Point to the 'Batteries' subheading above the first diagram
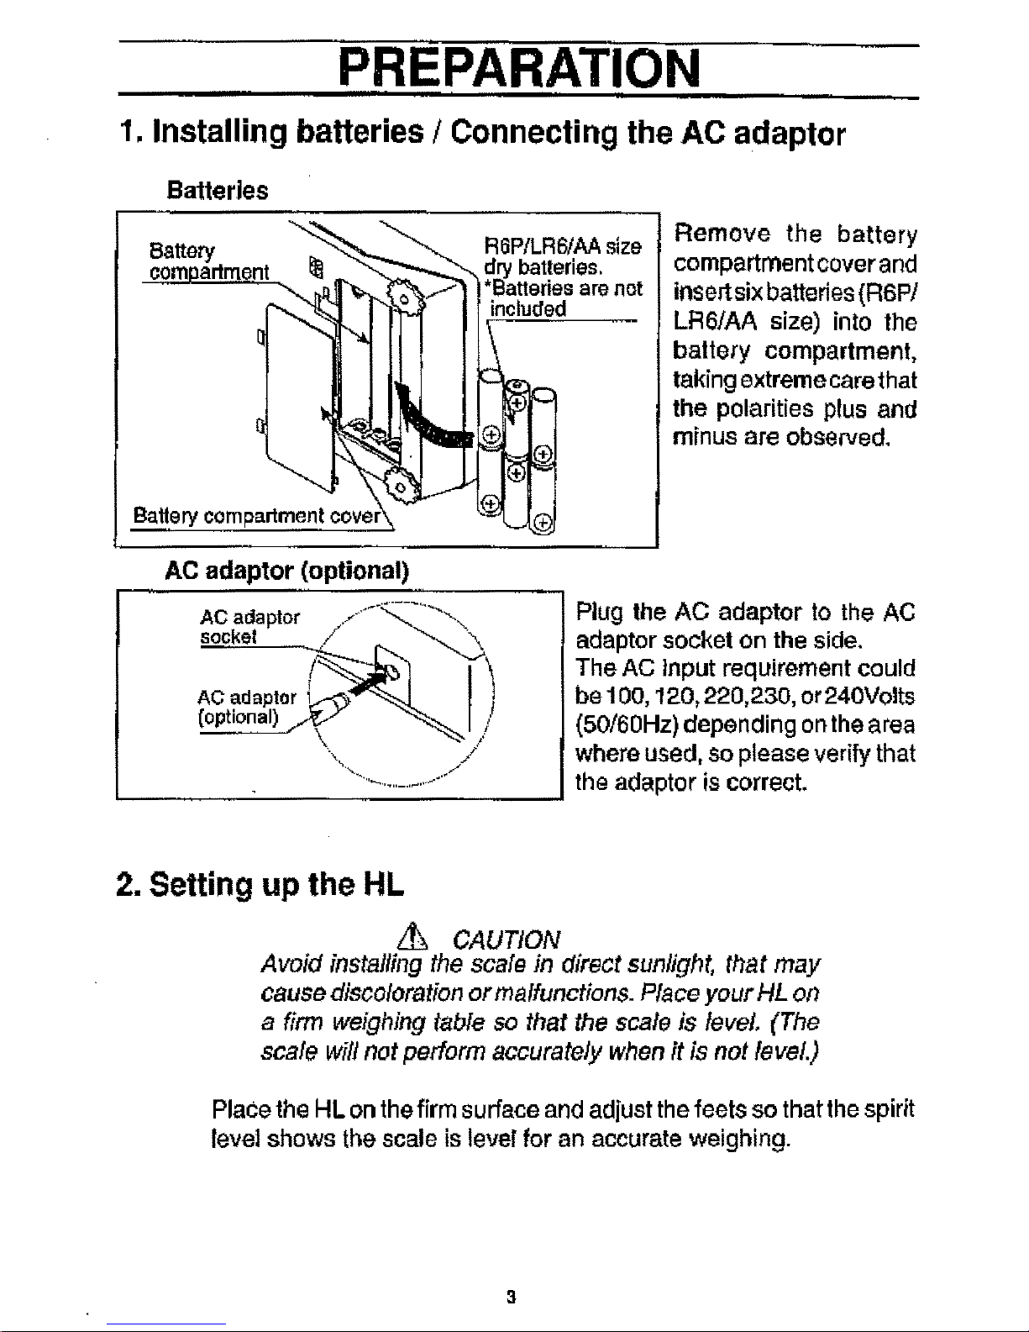pos(218,190)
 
